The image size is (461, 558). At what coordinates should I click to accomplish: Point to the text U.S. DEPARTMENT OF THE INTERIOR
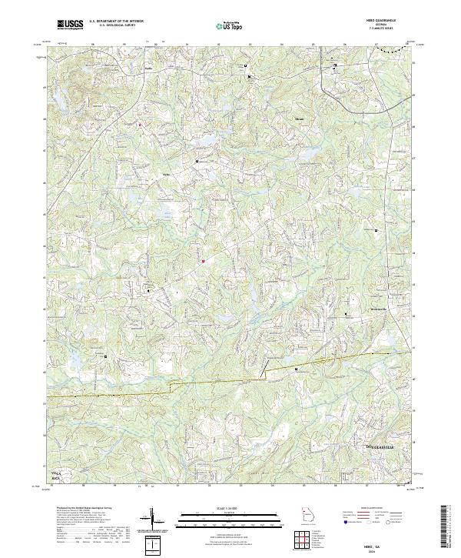click(x=115, y=21)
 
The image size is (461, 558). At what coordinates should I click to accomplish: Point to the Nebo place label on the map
click(x=165, y=175)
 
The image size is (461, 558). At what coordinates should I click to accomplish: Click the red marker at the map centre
click(x=203, y=261)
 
